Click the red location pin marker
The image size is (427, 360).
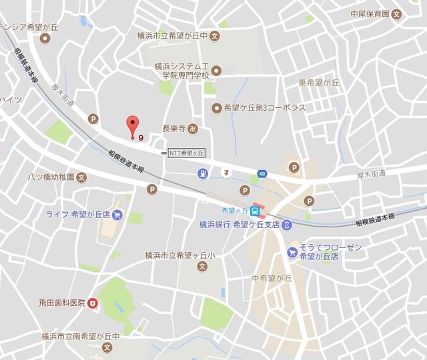click(133, 124)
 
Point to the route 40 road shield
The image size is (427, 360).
click(262, 175)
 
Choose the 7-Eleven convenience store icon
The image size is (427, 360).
click(227, 173)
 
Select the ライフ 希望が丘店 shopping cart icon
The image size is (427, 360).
click(117, 215)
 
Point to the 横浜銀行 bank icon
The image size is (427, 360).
click(286, 225)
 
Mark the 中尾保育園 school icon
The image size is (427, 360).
click(397, 13)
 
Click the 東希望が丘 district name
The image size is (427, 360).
click(319, 83)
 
